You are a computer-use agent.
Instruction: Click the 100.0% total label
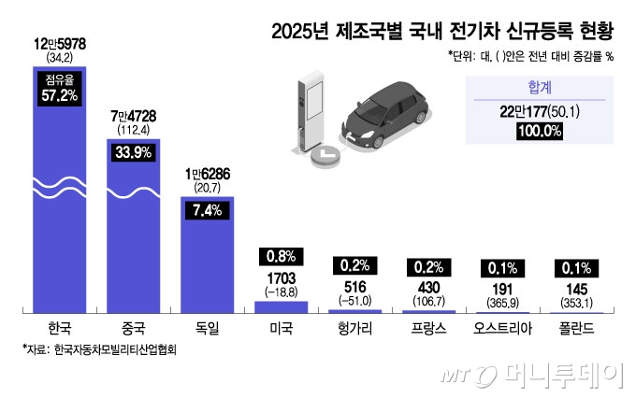click(x=539, y=132)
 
